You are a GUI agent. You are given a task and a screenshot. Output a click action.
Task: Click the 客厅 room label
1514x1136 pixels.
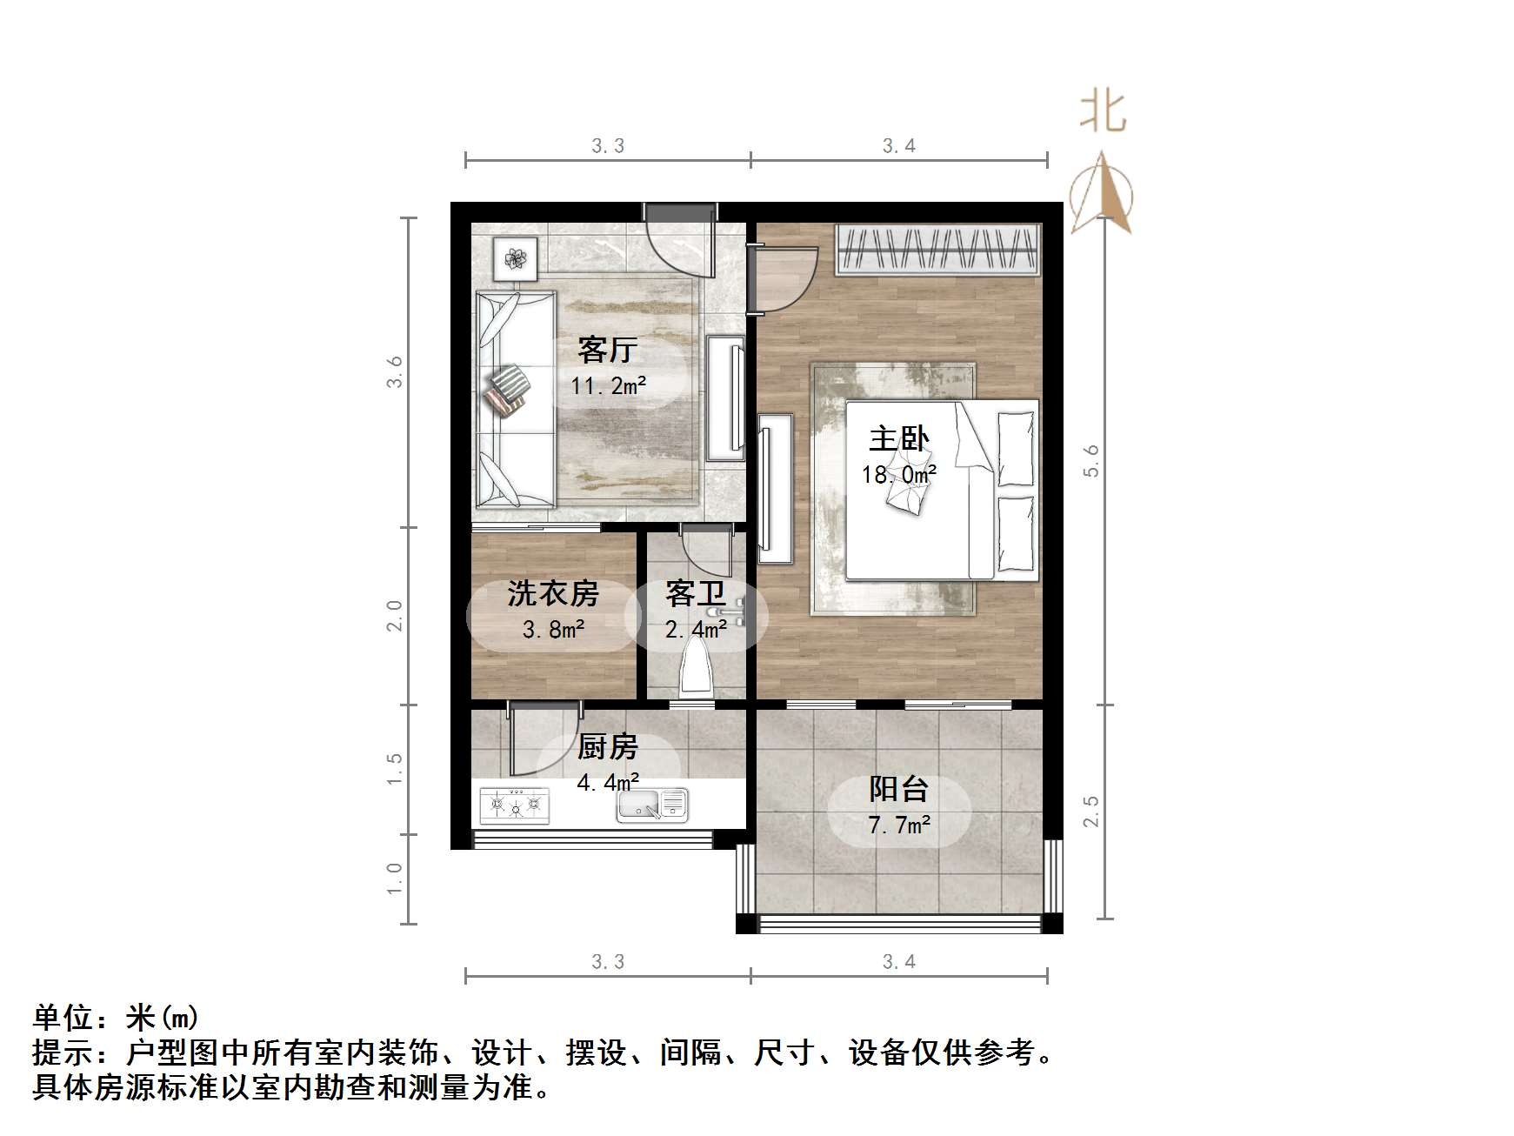point(607,351)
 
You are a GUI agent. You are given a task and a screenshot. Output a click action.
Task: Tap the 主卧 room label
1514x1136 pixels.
point(898,439)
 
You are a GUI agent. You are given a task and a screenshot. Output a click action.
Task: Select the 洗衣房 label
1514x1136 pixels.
point(553,594)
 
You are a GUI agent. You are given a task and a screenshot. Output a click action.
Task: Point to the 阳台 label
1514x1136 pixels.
point(898,789)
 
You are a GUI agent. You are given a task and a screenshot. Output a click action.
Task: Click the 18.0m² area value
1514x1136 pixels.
point(898,475)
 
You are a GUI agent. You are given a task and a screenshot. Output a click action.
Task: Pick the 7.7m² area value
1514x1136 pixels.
point(899,825)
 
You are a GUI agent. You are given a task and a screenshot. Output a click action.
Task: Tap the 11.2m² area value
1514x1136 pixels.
point(608,385)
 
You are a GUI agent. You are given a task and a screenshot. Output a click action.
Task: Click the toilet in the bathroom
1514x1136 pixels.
point(697,670)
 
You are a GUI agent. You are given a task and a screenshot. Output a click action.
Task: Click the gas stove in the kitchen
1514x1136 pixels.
point(515,805)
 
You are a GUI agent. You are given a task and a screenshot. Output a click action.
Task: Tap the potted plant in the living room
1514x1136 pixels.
point(516,258)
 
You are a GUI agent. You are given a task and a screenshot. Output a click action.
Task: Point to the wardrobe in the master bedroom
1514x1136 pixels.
point(937,250)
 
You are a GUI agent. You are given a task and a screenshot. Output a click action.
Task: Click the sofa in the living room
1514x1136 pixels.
point(515,399)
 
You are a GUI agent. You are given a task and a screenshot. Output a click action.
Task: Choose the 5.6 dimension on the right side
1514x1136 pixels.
point(1091,460)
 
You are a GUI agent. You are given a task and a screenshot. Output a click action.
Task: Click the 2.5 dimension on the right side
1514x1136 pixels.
point(1091,812)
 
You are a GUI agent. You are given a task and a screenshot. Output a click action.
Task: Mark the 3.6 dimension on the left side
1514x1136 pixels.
point(395,371)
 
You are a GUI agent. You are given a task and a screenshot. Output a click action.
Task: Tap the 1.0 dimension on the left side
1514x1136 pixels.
point(395,879)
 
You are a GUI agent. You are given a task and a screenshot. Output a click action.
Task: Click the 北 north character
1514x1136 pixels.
point(1103,113)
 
